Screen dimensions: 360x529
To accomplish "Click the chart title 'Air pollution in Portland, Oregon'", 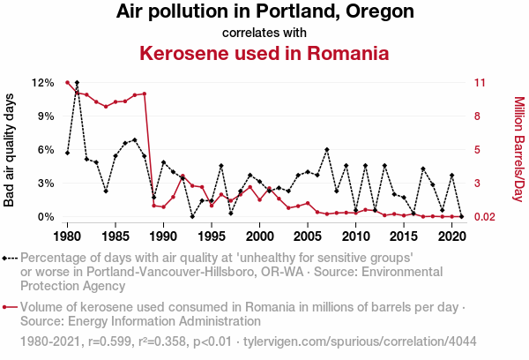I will (264, 12).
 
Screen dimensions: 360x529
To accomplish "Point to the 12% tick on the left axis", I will (43, 83).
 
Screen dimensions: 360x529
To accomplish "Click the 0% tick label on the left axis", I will (46, 217).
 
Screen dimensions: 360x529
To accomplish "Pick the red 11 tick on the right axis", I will (480, 83).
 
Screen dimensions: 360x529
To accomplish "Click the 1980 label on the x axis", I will (67, 236).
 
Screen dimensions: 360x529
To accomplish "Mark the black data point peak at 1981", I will (77, 83).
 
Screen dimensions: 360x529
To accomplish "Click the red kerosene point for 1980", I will (67, 83).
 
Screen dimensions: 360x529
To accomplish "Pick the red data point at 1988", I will (144, 94).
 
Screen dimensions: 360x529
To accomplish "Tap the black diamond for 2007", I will (326, 150).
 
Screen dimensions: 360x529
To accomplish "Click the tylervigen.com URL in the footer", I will (359, 341).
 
